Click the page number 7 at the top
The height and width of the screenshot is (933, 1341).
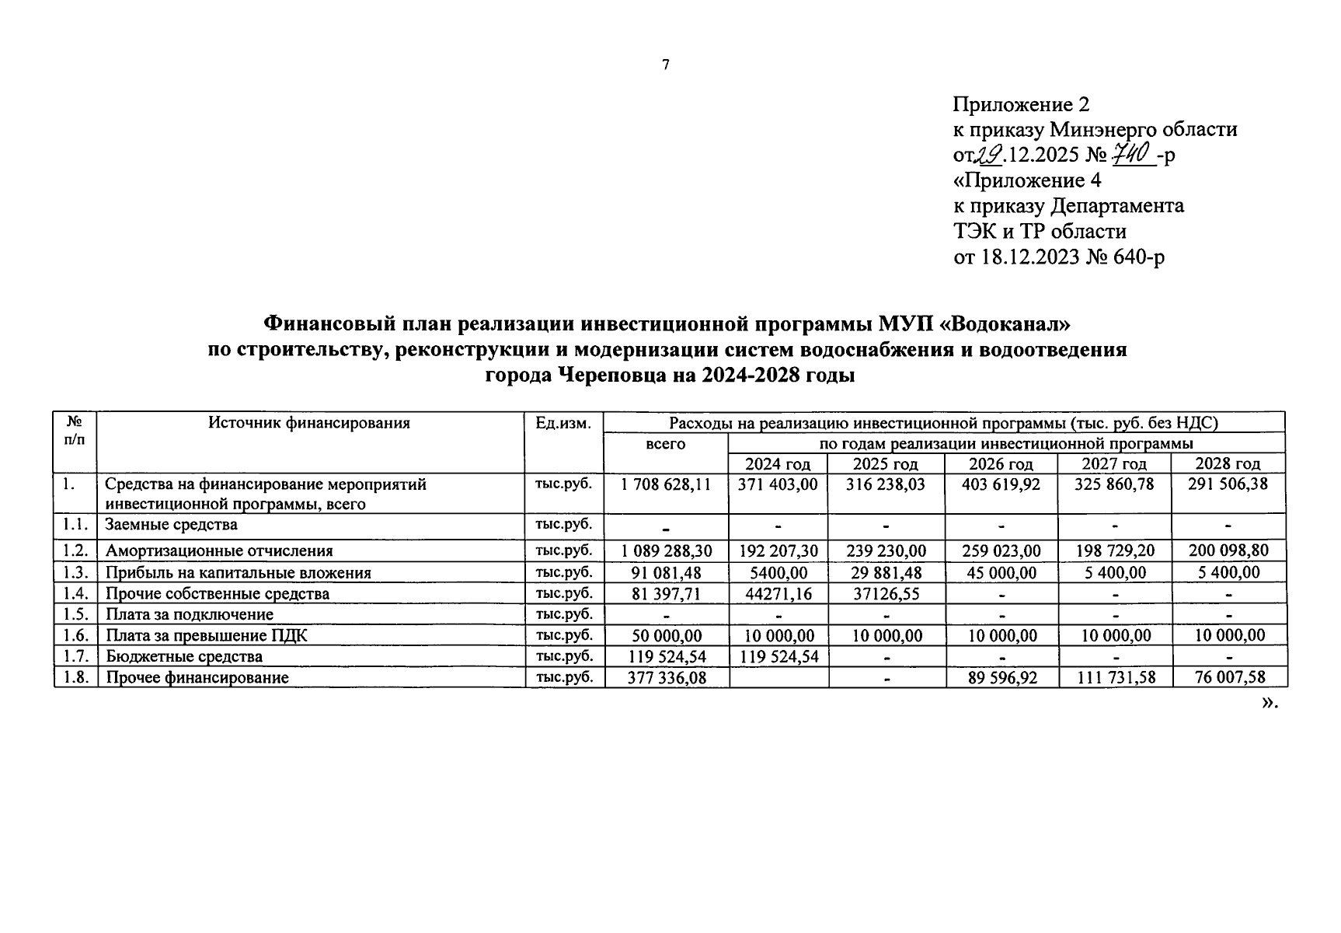click(666, 65)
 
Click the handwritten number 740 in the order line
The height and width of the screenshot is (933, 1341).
click(1130, 154)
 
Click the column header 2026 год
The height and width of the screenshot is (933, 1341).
click(1001, 464)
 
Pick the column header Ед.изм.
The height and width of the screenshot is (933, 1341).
click(564, 424)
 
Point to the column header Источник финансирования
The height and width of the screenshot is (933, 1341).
click(309, 424)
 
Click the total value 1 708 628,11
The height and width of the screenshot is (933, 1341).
click(666, 484)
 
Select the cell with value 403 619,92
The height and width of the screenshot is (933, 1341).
click(1001, 484)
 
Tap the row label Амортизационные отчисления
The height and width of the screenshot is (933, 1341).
click(219, 551)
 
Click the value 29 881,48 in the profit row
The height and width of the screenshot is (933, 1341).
click(886, 573)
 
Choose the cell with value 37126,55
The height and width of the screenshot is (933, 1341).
click(886, 594)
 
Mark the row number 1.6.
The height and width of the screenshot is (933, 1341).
click(75, 636)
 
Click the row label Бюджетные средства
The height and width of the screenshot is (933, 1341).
click(184, 657)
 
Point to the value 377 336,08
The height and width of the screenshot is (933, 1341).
click(666, 678)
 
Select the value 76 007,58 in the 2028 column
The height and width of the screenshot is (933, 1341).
click(1228, 678)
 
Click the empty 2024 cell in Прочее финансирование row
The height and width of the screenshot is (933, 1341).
click(778, 678)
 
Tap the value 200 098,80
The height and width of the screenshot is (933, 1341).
click(1228, 551)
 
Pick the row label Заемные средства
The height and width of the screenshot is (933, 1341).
click(171, 525)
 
